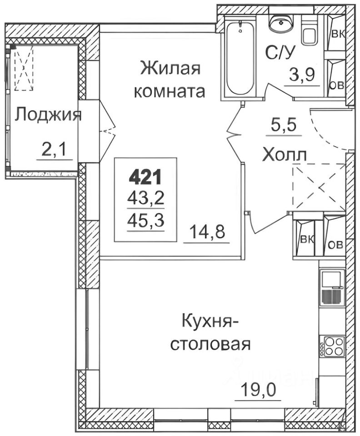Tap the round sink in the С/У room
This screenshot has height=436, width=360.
[x=279, y=22]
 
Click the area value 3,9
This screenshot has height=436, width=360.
[x=303, y=74]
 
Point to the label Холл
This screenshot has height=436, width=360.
[x=285, y=155]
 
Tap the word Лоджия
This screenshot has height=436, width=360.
[x=48, y=115]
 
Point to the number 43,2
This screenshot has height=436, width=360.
[x=145, y=198]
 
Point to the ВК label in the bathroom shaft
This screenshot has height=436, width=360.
[x=337, y=34]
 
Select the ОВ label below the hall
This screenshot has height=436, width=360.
[x=335, y=245]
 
